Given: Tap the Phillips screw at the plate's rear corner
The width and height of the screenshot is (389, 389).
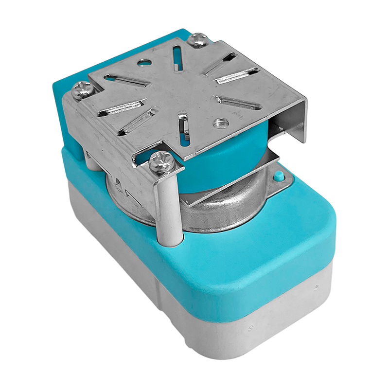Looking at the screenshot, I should click(x=198, y=40).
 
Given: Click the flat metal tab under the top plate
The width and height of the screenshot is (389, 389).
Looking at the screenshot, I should click(x=229, y=180).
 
